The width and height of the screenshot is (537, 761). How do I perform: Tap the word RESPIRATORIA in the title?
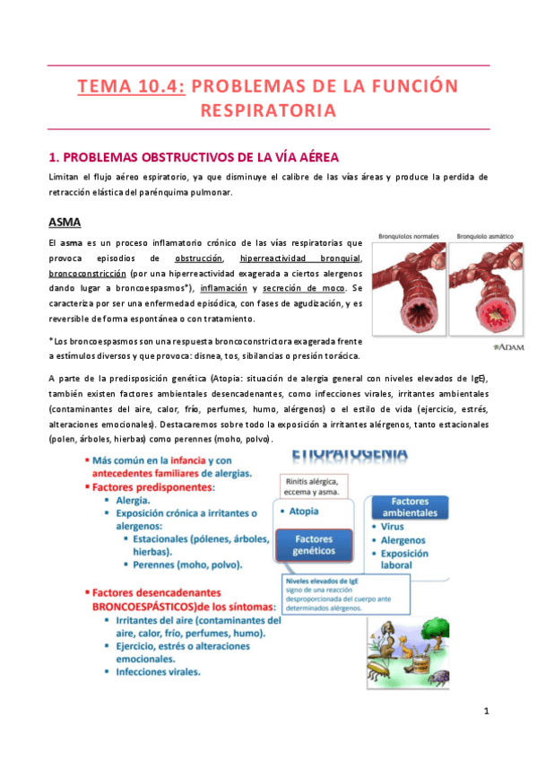268,111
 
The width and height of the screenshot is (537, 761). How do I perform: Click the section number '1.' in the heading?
53,157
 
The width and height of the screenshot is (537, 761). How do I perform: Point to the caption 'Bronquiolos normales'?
407,236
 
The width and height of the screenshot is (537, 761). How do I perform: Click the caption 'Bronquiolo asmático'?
484,236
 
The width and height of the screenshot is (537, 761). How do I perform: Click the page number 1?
485,712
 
